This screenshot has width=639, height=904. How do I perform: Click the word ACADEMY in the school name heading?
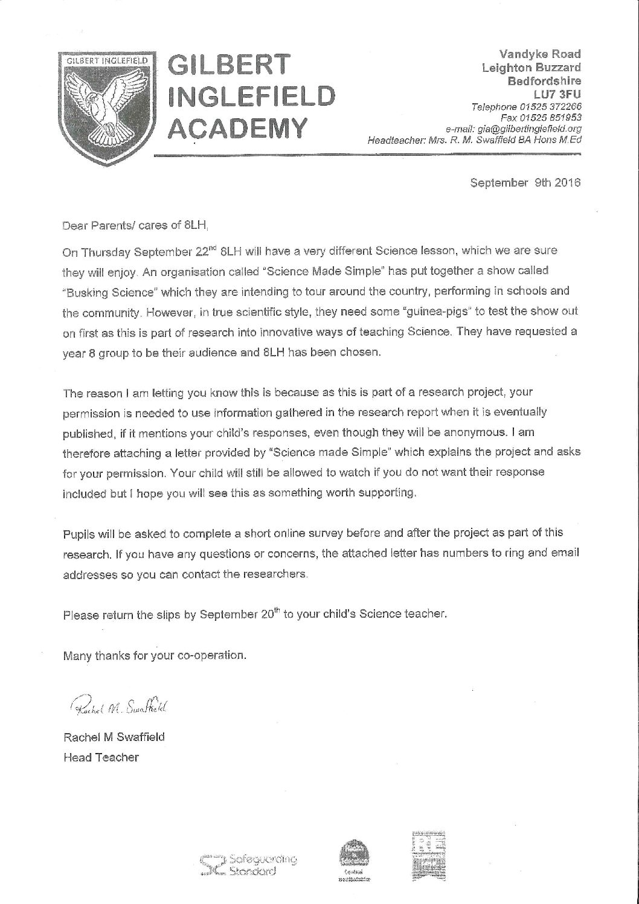tap(238, 129)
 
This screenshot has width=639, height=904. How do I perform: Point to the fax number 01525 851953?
tap(557, 118)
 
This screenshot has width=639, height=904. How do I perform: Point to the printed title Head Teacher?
tap(101, 757)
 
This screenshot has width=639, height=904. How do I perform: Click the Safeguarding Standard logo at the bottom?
tap(249, 866)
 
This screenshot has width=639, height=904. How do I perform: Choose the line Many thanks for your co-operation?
tap(155, 655)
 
